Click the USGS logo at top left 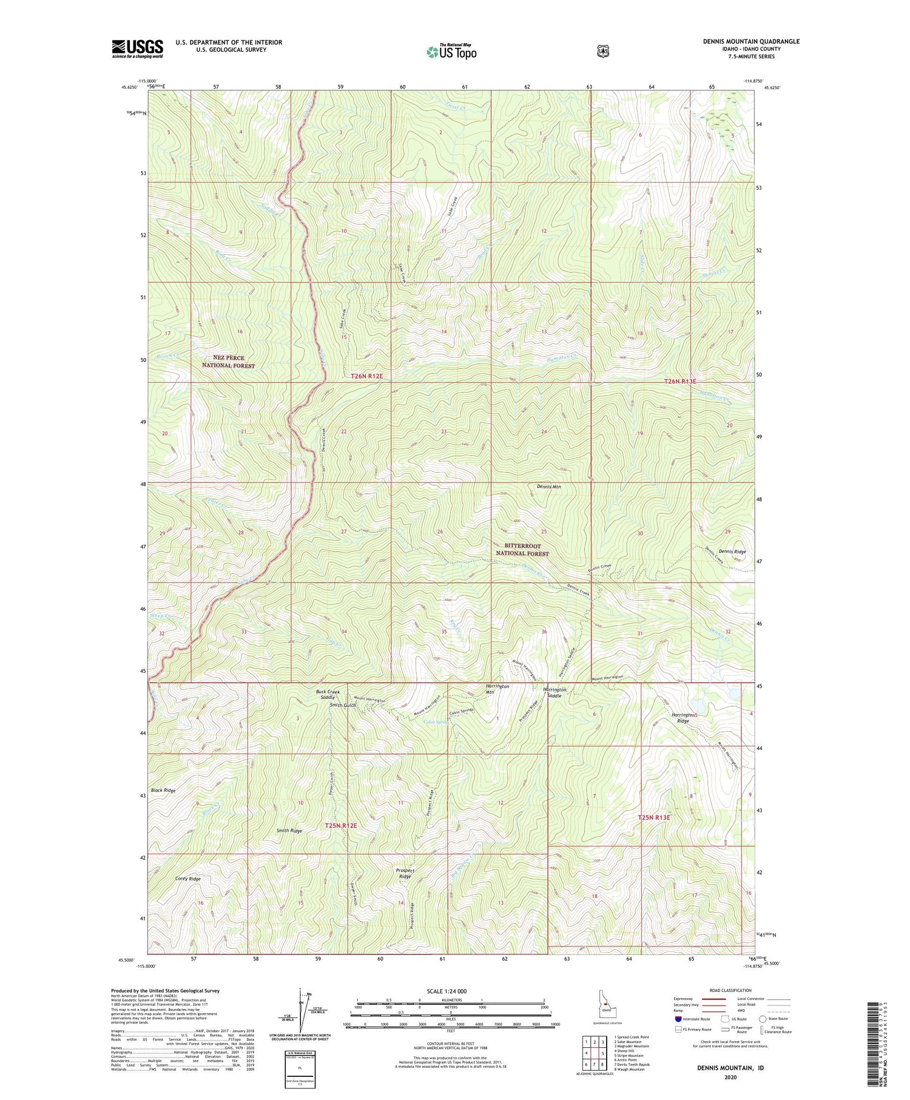tap(138, 49)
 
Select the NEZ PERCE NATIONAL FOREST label tap(229, 362)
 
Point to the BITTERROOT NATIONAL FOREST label tap(522, 550)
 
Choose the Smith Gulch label tap(343, 705)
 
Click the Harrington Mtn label tap(497, 689)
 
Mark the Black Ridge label tap(163, 791)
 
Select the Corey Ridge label tap(171, 879)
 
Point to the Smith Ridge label tap(289, 830)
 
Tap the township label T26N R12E tap(367, 376)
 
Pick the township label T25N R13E tap(654, 817)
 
